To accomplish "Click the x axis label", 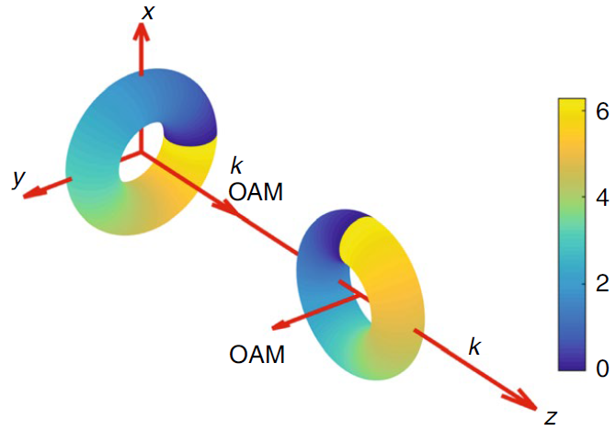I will pyautogui.click(x=147, y=11).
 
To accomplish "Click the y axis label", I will pyautogui.click(x=17, y=179).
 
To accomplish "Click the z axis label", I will pyautogui.click(x=550, y=417).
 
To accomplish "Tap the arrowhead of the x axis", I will pyautogui.click(x=141, y=33).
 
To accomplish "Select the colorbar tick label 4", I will pyautogui.click(x=601, y=197).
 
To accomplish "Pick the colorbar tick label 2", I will pyautogui.click(x=601, y=282).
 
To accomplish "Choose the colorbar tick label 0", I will pyautogui.click(x=601, y=368).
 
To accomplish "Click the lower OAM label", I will pyautogui.click(x=257, y=352).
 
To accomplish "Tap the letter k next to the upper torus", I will pyautogui.click(x=237, y=166).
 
